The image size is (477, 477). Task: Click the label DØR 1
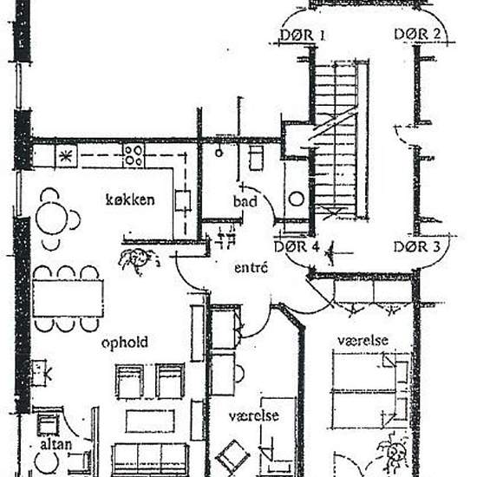click(303, 36)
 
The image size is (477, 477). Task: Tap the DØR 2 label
click(418, 35)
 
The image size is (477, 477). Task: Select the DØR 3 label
click(417, 247)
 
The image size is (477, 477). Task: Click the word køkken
click(130, 200)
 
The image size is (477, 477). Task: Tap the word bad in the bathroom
click(245, 202)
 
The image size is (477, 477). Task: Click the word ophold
click(124, 343)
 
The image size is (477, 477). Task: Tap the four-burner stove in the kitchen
click(133, 156)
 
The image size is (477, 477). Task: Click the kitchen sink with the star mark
click(65, 156)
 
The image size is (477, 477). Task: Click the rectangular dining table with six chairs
click(68, 298)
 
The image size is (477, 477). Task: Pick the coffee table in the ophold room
click(149, 421)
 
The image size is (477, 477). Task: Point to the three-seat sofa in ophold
click(150, 457)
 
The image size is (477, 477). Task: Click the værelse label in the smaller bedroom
click(253, 416)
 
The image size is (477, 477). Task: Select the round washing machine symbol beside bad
click(296, 199)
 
